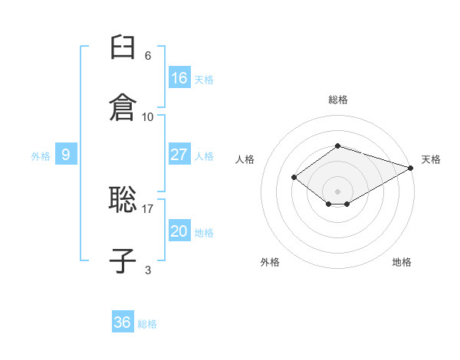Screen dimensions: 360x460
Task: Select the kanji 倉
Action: (x=123, y=106)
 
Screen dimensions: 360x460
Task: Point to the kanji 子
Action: (x=123, y=260)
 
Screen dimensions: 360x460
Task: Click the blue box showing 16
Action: (x=179, y=78)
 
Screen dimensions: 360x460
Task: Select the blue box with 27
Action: (x=179, y=155)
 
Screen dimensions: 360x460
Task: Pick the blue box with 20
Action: (x=179, y=231)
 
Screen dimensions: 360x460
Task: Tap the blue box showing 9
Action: (x=66, y=155)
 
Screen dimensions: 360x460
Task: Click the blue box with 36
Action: (x=123, y=322)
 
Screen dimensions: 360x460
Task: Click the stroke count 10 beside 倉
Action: (x=147, y=116)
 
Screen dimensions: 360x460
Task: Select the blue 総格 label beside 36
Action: (x=147, y=324)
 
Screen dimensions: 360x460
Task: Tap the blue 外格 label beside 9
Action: (x=41, y=156)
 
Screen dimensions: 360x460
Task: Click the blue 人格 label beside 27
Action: (x=204, y=156)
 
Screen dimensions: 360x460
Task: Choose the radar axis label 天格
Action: (x=431, y=159)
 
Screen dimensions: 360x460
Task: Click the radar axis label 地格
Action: (x=402, y=262)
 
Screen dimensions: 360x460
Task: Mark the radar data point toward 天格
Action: (x=411, y=168)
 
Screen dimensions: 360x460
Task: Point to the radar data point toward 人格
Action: (x=294, y=178)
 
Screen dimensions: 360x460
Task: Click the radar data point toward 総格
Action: (x=337, y=146)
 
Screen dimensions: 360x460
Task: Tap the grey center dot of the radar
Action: (x=337, y=191)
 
